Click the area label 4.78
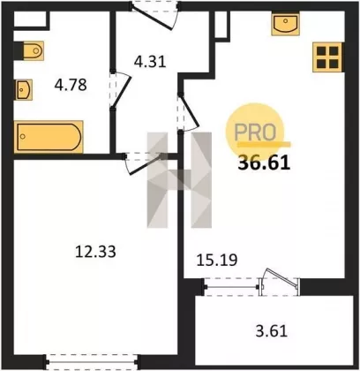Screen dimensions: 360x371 [71, 85]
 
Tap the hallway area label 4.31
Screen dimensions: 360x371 [150, 62]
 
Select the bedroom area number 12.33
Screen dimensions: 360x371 [95, 252]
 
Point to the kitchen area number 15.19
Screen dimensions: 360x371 [217, 260]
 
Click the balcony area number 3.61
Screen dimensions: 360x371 [271, 331]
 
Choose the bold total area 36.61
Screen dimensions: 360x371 [264, 163]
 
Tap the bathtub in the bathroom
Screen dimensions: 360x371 [49, 137]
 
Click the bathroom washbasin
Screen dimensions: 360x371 [24, 90]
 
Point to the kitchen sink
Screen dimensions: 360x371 [285, 24]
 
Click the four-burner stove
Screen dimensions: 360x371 [327, 57]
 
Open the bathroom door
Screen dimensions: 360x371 [121, 90]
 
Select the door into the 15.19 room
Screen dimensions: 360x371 [188, 112]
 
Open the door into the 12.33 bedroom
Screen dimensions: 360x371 [144, 163]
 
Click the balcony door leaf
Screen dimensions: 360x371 [280, 279]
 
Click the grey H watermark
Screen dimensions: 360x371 [179, 180]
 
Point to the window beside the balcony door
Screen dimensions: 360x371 [231, 286]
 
